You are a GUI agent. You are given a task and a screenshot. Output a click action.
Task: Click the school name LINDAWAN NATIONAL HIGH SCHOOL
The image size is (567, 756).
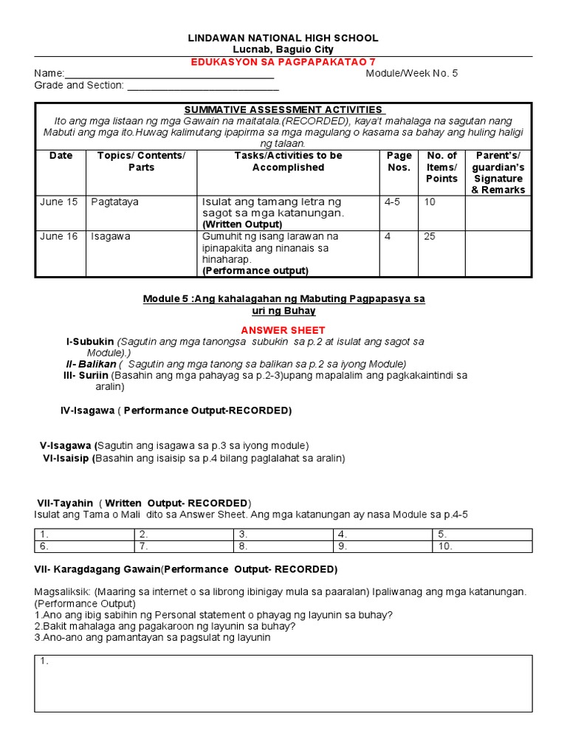(x=283, y=38)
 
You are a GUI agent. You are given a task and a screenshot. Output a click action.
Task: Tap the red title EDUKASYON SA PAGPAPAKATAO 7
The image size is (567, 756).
(x=283, y=62)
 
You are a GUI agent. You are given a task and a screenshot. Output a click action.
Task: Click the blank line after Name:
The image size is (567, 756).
(x=170, y=74)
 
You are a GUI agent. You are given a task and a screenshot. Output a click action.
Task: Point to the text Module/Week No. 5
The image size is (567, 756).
(x=411, y=74)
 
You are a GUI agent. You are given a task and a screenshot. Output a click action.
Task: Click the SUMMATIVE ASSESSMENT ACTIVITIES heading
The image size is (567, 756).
(x=283, y=110)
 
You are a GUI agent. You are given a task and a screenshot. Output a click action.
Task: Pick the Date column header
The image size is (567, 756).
(x=61, y=156)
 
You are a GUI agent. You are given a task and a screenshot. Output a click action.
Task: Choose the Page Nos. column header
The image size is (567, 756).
(x=399, y=162)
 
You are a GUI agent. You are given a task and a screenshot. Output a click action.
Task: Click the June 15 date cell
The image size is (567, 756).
(x=58, y=202)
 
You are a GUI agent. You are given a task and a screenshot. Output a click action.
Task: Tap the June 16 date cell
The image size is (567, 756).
(x=58, y=237)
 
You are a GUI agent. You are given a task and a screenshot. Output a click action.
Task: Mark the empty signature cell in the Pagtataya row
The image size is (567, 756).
(x=498, y=213)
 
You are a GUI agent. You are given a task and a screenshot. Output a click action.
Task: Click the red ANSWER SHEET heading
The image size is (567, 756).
(x=283, y=330)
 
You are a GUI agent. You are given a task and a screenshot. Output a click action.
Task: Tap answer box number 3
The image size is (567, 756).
(x=283, y=535)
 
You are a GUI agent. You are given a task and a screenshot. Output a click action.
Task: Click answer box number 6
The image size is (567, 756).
(x=84, y=547)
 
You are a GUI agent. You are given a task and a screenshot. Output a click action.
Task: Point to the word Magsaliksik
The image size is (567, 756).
(x=62, y=592)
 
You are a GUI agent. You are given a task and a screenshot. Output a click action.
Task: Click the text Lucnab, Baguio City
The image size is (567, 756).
(x=283, y=49)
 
